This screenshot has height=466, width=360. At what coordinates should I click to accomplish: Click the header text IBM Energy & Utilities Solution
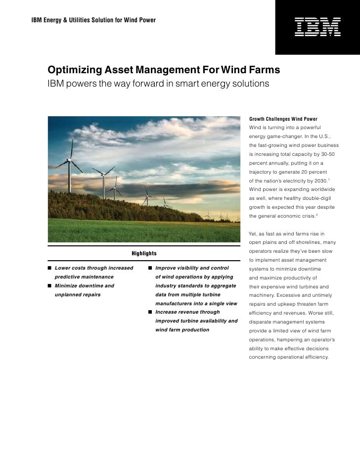(x=93, y=20)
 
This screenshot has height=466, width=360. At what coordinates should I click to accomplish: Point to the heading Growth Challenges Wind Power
(x=283, y=119)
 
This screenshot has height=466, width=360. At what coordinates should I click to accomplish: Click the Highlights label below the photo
(x=144, y=253)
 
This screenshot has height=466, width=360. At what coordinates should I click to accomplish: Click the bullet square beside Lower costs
(x=50, y=268)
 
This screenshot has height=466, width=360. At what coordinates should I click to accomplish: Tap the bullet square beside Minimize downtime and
(x=50, y=286)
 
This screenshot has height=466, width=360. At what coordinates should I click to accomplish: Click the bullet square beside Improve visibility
(x=150, y=268)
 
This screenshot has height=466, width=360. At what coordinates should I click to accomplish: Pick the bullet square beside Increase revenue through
(x=150, y=312)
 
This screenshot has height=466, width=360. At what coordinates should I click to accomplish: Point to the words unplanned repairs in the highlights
(x=78, y=295)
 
